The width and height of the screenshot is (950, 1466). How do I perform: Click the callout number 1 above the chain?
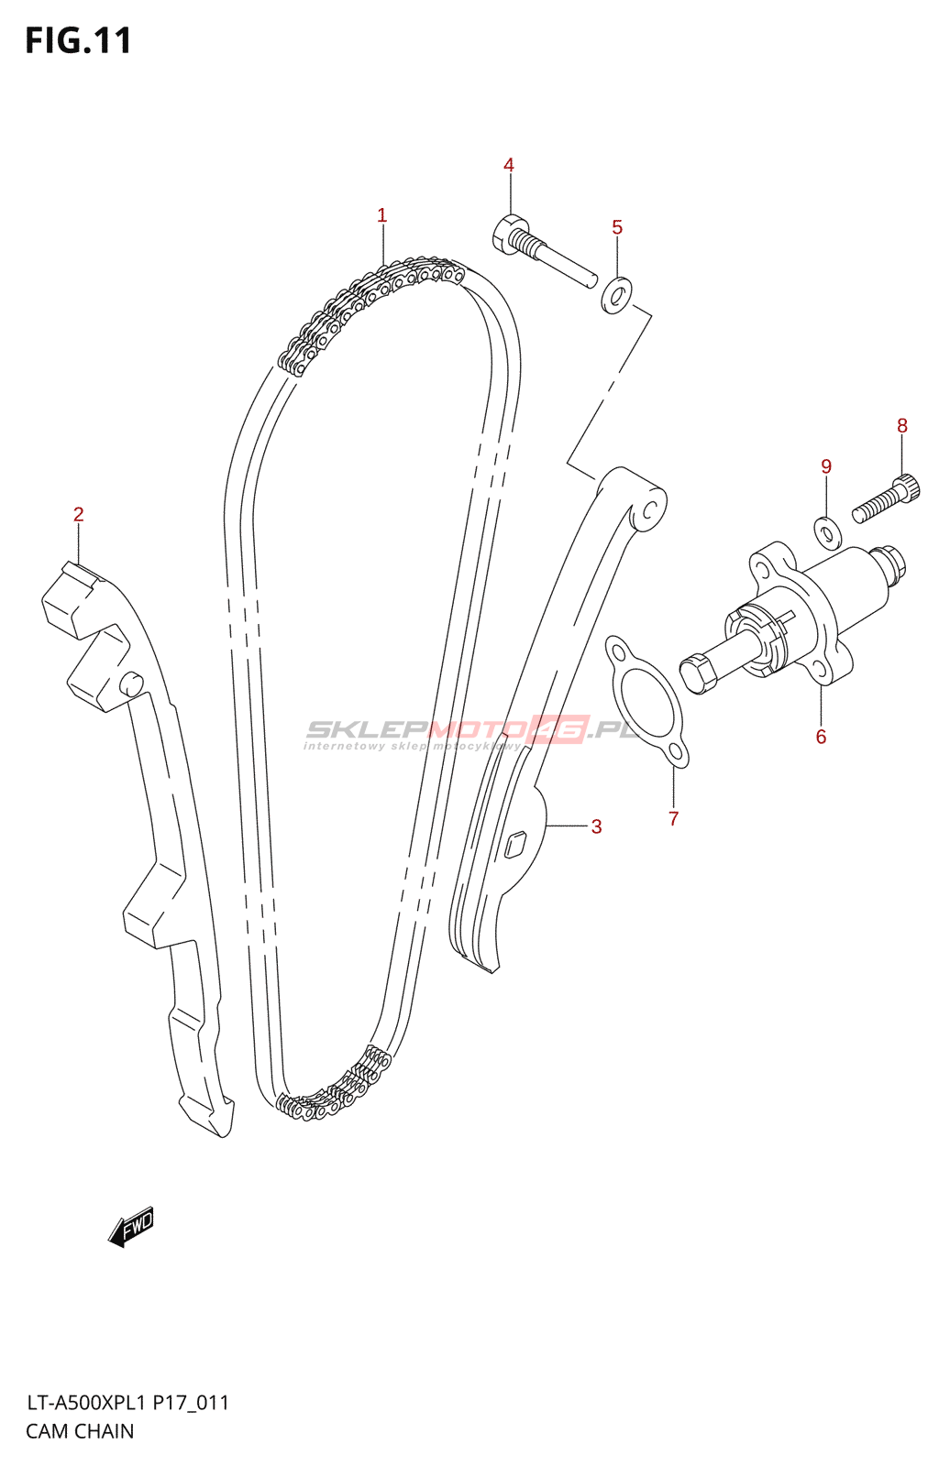point(381,215)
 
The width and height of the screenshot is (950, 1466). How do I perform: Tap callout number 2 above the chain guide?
point(79,515)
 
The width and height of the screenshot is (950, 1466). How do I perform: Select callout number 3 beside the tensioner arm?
point(596,826)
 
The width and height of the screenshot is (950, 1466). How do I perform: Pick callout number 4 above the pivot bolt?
point(509,165)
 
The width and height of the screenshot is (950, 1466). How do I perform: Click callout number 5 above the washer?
point(617,227)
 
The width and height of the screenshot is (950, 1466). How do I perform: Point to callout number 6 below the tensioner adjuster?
point(821,737)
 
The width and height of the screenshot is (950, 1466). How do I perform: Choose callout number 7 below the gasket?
point(674,818)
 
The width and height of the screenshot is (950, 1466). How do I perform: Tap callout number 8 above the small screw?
point(902,426)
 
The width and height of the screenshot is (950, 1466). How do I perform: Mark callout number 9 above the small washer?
point(826,467)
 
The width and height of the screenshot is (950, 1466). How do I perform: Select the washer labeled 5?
point(617,294)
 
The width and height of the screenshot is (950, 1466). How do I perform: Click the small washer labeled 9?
point(827,531)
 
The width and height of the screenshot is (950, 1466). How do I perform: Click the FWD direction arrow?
point(131,1225)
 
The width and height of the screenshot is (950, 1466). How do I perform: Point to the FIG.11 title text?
point(79,40)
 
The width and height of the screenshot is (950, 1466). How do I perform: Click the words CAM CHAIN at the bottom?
point(80,1431)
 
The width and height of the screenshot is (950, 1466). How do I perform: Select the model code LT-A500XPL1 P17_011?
point(127,1403)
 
